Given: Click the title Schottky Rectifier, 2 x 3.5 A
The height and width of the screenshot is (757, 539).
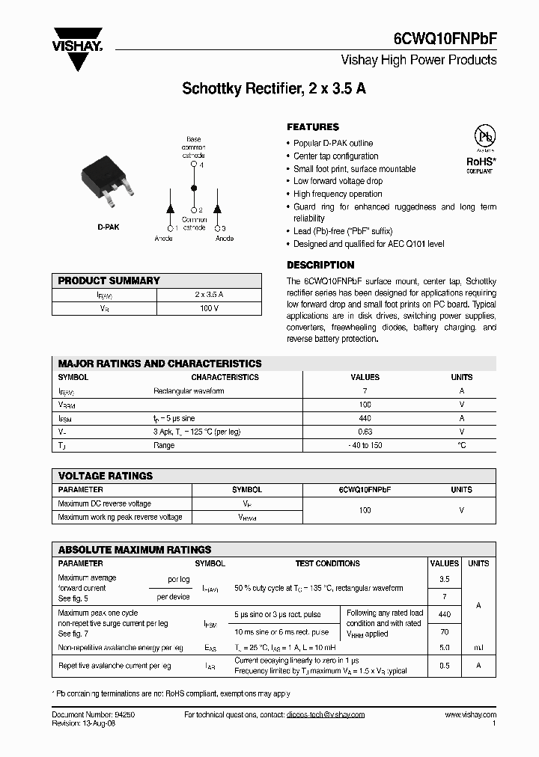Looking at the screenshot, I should pos(274,88).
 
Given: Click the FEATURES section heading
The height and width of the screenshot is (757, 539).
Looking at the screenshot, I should pos(313,127).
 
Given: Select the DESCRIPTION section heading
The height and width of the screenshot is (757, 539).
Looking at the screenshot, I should pos(320,265).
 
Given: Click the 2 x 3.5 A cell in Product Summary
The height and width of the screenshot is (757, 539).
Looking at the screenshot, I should pos(209,295).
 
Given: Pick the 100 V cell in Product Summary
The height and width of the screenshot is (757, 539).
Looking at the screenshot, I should pos(209,308).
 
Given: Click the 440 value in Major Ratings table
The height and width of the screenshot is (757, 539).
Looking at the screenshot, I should pos(365,418).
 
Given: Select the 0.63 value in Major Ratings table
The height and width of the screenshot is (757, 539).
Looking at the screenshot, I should pos(365,432).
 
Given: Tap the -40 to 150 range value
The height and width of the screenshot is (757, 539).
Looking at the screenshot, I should pos(365,445).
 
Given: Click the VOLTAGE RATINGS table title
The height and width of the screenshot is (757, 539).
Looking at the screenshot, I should pos(106,476).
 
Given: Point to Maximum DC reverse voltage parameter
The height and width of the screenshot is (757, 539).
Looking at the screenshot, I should pos(104,503).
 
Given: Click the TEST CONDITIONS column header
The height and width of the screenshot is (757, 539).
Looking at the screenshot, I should pos(327,563).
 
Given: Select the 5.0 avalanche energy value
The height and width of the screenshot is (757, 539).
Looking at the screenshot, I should pos(444,646).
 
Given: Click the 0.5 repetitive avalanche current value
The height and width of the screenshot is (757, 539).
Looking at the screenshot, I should pos(444,665).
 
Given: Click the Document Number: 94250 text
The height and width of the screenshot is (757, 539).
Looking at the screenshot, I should pos(93,714).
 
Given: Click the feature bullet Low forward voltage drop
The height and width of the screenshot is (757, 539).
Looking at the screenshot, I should pos(338,181).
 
